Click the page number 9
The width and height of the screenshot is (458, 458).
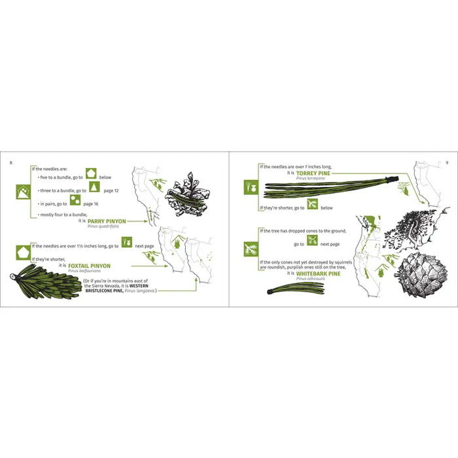coord(446,160)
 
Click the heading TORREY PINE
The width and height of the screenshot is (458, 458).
coord(313,173)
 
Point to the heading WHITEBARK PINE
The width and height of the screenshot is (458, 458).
coord(319,273)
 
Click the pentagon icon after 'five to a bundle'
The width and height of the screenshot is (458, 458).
coord(92,175)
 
